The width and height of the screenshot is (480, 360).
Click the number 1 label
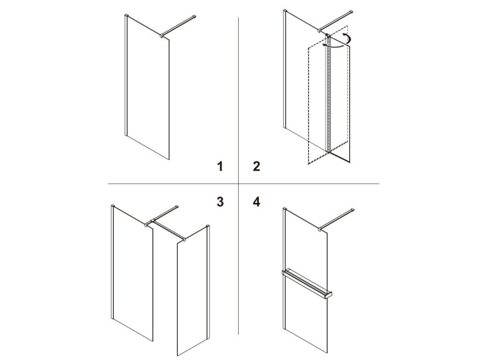220,166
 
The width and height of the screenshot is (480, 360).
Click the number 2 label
256,166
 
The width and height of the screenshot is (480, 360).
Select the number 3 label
220,202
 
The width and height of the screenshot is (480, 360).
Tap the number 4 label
256,202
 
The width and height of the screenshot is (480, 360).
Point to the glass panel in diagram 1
148,87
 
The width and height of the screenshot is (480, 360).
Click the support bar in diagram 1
179,26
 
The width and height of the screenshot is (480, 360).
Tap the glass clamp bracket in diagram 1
162,36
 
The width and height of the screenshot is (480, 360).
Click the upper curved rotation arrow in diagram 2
347,37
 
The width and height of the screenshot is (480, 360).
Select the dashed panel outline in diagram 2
328,95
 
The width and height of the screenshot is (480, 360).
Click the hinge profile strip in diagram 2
328,93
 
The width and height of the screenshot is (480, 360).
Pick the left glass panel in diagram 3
133,272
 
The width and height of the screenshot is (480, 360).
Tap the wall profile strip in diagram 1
126,75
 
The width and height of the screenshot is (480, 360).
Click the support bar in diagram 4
337,219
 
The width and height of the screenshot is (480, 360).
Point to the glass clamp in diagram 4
320,229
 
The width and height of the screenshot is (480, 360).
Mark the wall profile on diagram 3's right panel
209,282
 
